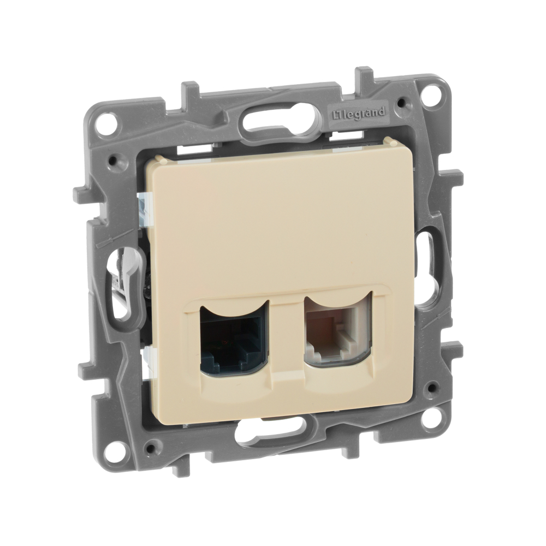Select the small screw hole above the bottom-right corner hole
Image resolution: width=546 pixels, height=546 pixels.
(432, 388)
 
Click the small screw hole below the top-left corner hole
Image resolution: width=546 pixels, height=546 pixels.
(114, 161)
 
